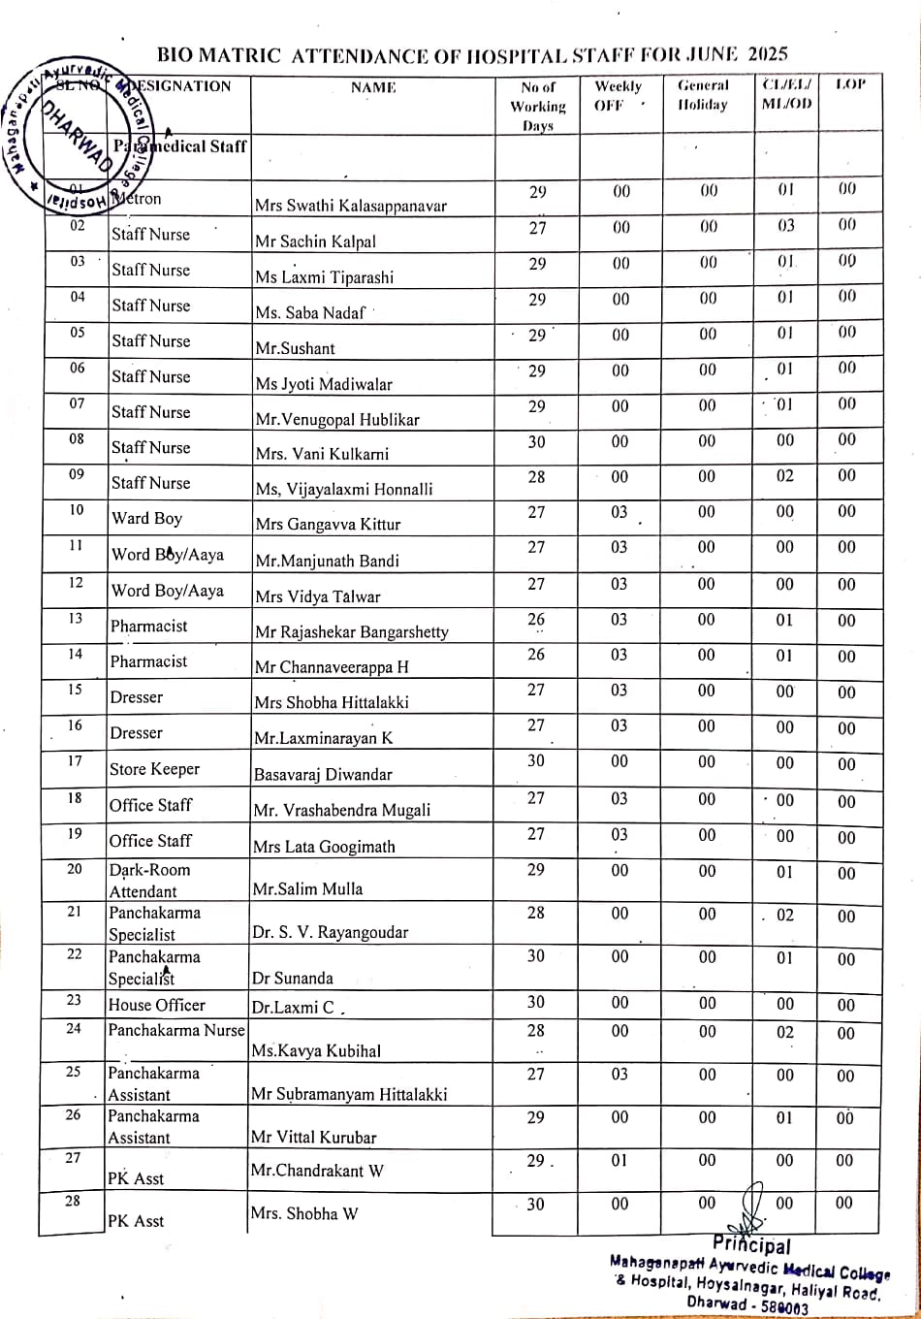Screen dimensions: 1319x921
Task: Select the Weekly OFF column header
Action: coord(618,95)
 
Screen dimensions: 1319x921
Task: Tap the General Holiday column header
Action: coord(703,95)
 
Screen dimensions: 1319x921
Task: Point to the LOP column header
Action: coord(849,85)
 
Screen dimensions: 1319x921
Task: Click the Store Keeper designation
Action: coord(154,769)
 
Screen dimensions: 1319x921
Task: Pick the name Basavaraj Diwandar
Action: coord(323,774)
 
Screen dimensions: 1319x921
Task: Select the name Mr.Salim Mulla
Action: coord(307,888)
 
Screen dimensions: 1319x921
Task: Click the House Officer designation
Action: coord(157,1005)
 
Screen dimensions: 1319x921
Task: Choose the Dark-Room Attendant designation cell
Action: coord(149,881)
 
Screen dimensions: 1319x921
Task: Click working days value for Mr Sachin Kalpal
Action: coord(537,228)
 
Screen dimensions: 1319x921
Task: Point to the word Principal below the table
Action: coord(751,1245)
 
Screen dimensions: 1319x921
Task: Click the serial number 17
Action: coord(75,761)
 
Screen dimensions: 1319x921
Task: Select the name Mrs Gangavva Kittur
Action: coord(328,525)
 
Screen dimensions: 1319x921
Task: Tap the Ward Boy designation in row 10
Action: coord(146,518)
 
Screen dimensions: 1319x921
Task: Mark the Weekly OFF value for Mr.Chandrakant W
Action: coord(619,1160)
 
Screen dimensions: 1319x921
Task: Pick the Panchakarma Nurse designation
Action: coord(176,1030)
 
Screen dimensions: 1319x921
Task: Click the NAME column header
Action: coord(373,87)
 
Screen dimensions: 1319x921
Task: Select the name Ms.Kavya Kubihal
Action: coord(316,1050)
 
